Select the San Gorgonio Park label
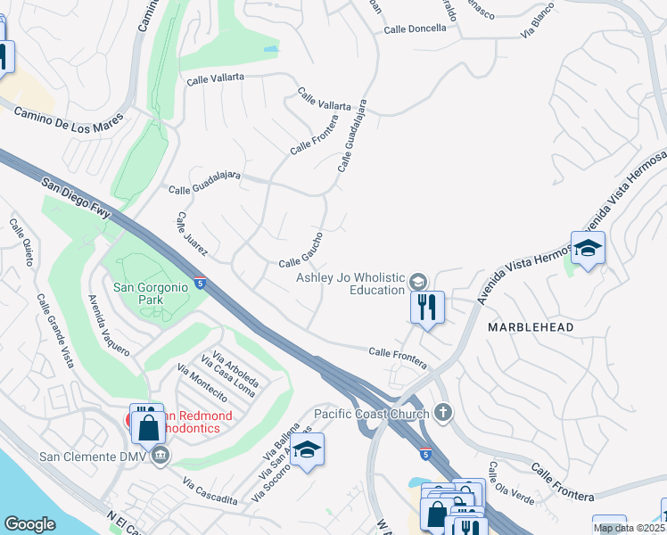click(x=151, y=294)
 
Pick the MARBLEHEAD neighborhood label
click(x=531, y=327)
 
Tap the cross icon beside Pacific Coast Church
click(x=443, y=413)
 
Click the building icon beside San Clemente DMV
click(x=160, y=457)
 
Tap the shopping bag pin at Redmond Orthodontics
click(x=147, y=427)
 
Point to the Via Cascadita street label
click(x=210, y=491)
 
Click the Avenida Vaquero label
click(x=106, y=325)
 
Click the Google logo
click(x=29, y=524)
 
